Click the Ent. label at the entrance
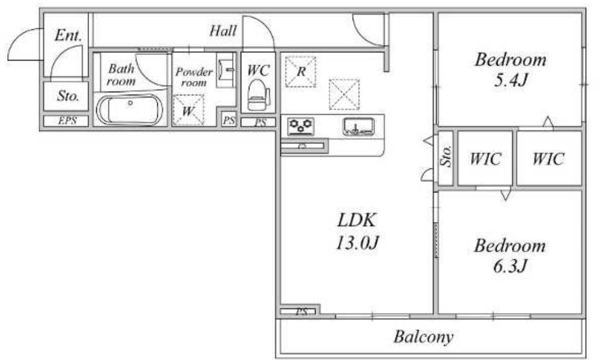click(68, 35)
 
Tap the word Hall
click(223, 31)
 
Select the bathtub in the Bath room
click(129, 110)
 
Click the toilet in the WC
click(259, 95)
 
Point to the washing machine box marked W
click(188, 110)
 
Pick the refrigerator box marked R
click(300, 72)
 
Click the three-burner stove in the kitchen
click(300, 126)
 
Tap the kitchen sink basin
click(359, 126)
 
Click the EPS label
click(67, 121)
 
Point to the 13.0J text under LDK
click(357, 242)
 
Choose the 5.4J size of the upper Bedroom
click(510, 80)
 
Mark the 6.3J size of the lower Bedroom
click(510, 266)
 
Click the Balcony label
click(423, 337)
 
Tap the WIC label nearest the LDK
click(485, 158)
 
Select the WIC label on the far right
click(548, 158)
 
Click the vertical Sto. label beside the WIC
click(446, 156)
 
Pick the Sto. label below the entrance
click(68, 95)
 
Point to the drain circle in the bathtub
click(131, 103)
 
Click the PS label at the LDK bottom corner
click(302, 312)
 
